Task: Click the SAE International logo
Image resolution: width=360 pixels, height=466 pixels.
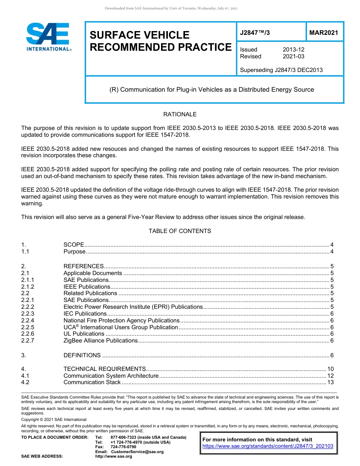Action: pos(48,37)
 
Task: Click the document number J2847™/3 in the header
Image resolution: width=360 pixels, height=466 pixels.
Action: pos(255,33)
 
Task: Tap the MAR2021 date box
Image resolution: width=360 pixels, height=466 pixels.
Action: pos(323,33)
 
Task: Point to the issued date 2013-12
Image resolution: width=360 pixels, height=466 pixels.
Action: pos(293,50)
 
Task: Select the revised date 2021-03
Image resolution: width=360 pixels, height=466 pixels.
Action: pos(293,56)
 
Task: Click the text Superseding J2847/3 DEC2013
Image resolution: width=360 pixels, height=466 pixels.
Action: pos(281,70)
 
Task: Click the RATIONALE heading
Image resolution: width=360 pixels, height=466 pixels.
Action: pos(180,114)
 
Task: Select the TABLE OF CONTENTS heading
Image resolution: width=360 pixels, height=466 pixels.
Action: pos(180,231)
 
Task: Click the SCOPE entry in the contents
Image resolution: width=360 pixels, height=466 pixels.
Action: pos(74,245)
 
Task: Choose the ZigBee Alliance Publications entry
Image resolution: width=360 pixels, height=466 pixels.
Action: pos(100,341)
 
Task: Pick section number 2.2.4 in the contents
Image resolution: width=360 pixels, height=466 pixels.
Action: pos(28,321)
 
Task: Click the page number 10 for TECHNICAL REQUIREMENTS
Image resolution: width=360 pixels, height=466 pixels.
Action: pos(330,369)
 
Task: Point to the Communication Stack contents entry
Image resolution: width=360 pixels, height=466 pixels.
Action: pos(92,382)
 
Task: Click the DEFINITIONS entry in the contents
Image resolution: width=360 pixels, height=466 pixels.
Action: pos(82,355)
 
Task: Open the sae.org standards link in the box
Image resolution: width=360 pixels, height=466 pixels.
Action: pos(268,446)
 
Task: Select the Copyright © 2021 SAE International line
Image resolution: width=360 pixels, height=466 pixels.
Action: pos(54,419)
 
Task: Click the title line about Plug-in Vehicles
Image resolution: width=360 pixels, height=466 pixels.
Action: pos(211,90)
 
